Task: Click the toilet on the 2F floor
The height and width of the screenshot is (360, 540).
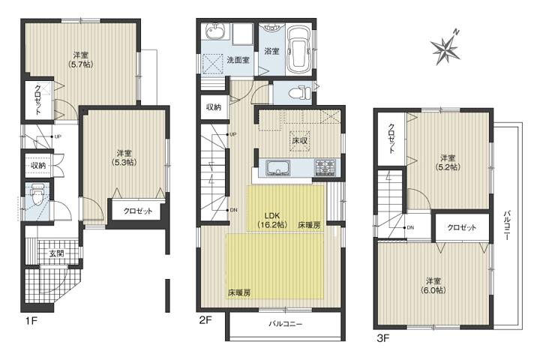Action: (x=301, y=93)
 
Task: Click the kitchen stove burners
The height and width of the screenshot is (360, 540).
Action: (x=325, y=166)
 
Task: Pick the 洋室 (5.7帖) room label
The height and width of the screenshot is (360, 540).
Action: (x=81, y=59)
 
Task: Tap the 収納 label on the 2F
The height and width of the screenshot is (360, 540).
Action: (x=214, y=107)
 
